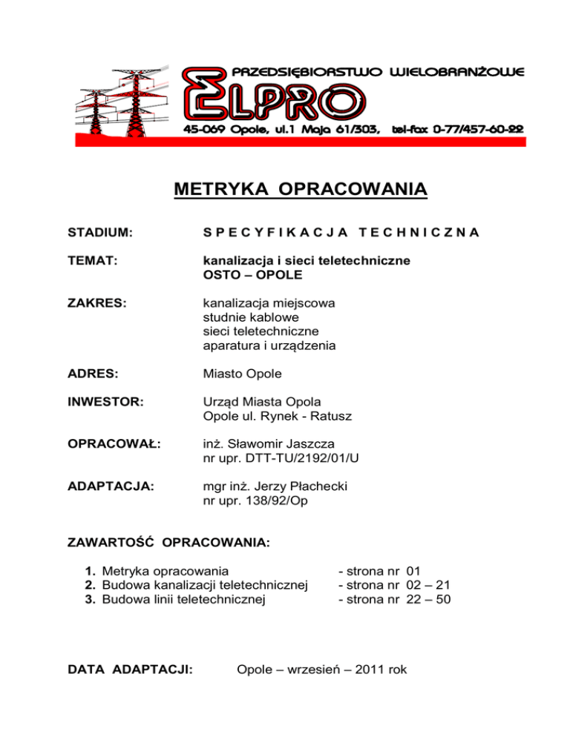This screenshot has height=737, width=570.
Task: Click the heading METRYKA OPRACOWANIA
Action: pyautogui.click(x=301, y=191)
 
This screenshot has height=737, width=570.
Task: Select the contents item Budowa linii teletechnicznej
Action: pyautogui.click(x=183, y=600)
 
